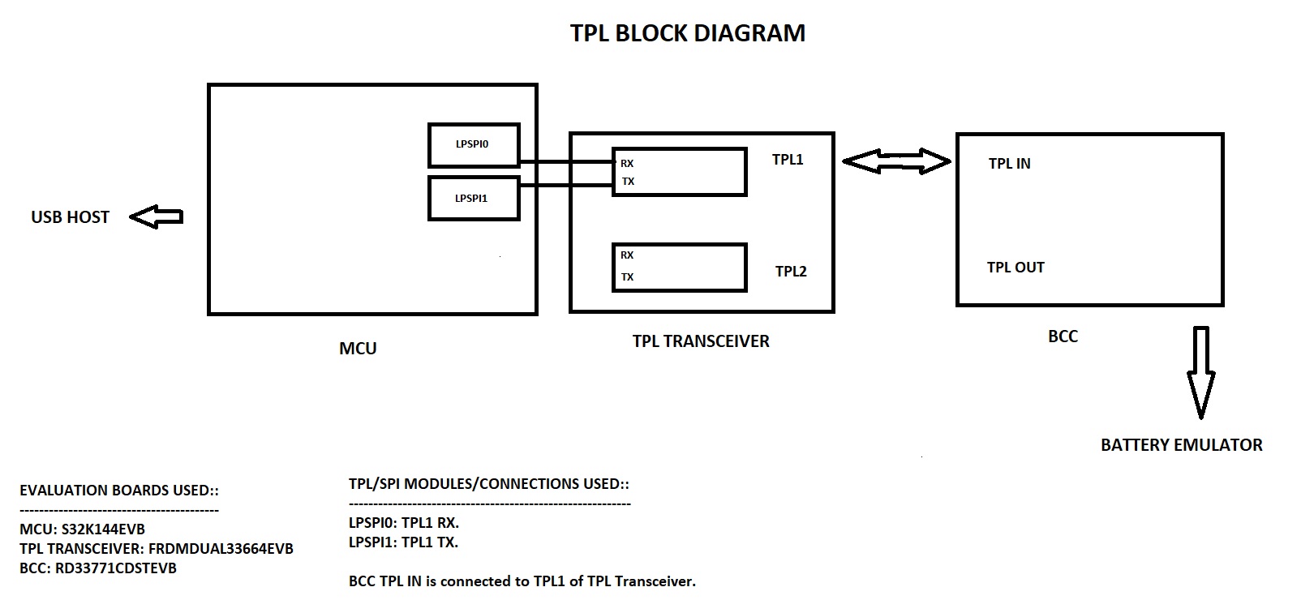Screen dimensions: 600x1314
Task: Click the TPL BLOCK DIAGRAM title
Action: pyautogui.click(x=688, y=33)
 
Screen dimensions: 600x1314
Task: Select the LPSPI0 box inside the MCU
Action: pyautogui.click(x=474, y=145)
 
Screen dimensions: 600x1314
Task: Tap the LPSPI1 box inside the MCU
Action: pyautogui.click(x=474, y=198)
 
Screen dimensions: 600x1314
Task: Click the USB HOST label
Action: pyautogui.click(x=70, y=217)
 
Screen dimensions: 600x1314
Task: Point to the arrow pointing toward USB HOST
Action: pyautogui.click(x=156, y=216)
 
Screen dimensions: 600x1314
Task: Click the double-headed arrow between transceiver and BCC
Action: pyautogui.click(x=896, y=161)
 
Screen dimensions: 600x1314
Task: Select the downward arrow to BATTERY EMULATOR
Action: pyautogui.click(x=1200, y=371)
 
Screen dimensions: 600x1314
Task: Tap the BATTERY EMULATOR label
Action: pyautogui.click(x=1181, y=445)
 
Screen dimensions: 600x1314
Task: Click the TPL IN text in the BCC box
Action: pyautogui.click(x=1009, y=164)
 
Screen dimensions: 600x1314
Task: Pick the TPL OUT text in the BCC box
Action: pyautogui.click(x=1016, y=268)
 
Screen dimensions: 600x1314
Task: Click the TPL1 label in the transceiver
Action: pyautogui.click(x=788, y=160)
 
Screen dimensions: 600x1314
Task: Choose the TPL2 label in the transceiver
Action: pyautogui.click(x=791, y=272)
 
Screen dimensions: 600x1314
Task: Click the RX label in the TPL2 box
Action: pyautogui.click(x=627, y=255)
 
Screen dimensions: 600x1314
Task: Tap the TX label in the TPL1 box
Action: pyautogui.click(x=628, y=182)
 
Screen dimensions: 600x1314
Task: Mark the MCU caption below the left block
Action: pyautogui.click(x=358, y=349)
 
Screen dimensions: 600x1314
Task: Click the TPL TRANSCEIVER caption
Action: pyautogui.click(x=701, y=341)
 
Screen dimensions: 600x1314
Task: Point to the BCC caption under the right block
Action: pyautogui.click(x=1063, y=336)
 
